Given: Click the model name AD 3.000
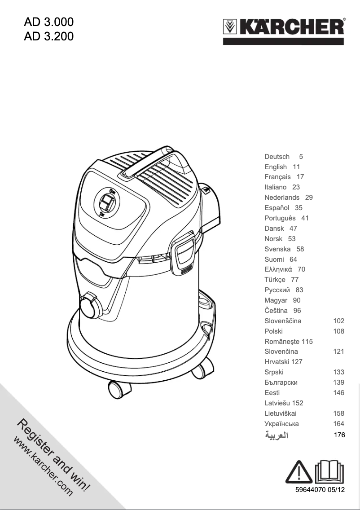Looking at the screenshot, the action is coord(49,22).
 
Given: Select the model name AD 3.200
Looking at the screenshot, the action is coord(49,36).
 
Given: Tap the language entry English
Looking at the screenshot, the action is coord(276,167).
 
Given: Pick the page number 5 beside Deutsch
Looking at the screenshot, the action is coord(301,156).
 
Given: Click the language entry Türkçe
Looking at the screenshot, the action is coord(275,280).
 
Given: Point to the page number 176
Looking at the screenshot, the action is coord(339,435).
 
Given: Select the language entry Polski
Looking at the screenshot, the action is coord(273,331).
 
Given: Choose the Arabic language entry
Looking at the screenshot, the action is coord(277,435).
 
